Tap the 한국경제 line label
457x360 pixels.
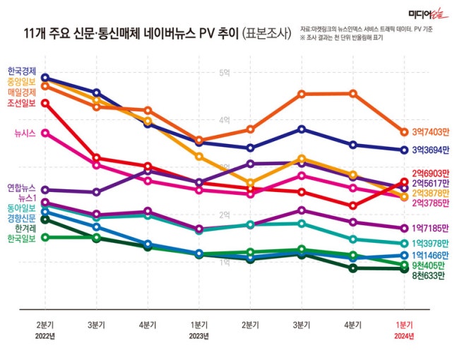(x=22, y=71)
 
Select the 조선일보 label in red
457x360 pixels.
(x=22, y=103)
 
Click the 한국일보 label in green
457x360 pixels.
(x=22, y=239)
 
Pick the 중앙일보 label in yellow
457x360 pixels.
(x=22, y=81)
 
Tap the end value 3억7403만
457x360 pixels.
(x=431, y=132)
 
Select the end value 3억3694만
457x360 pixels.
(x=431, y=150)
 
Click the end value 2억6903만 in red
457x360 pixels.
(x=431, y=173)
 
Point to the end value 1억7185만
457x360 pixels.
(x=431, y=228)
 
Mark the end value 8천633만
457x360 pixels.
(x=428, y=276)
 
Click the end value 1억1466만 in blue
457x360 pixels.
(x=431, y=255)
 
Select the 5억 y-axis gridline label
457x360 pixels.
(x=225, y=73)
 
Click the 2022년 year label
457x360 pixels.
(x=45, y=335)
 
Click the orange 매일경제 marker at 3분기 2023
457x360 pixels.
(x=302, y=94)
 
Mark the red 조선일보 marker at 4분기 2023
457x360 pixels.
(x=352, y=206)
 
